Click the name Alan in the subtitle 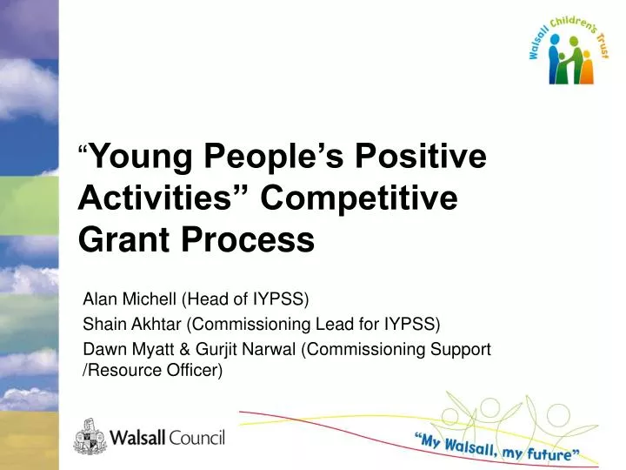tap(98, 300)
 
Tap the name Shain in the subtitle tap(101, 325)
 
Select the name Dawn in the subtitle tap(101, 349)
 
